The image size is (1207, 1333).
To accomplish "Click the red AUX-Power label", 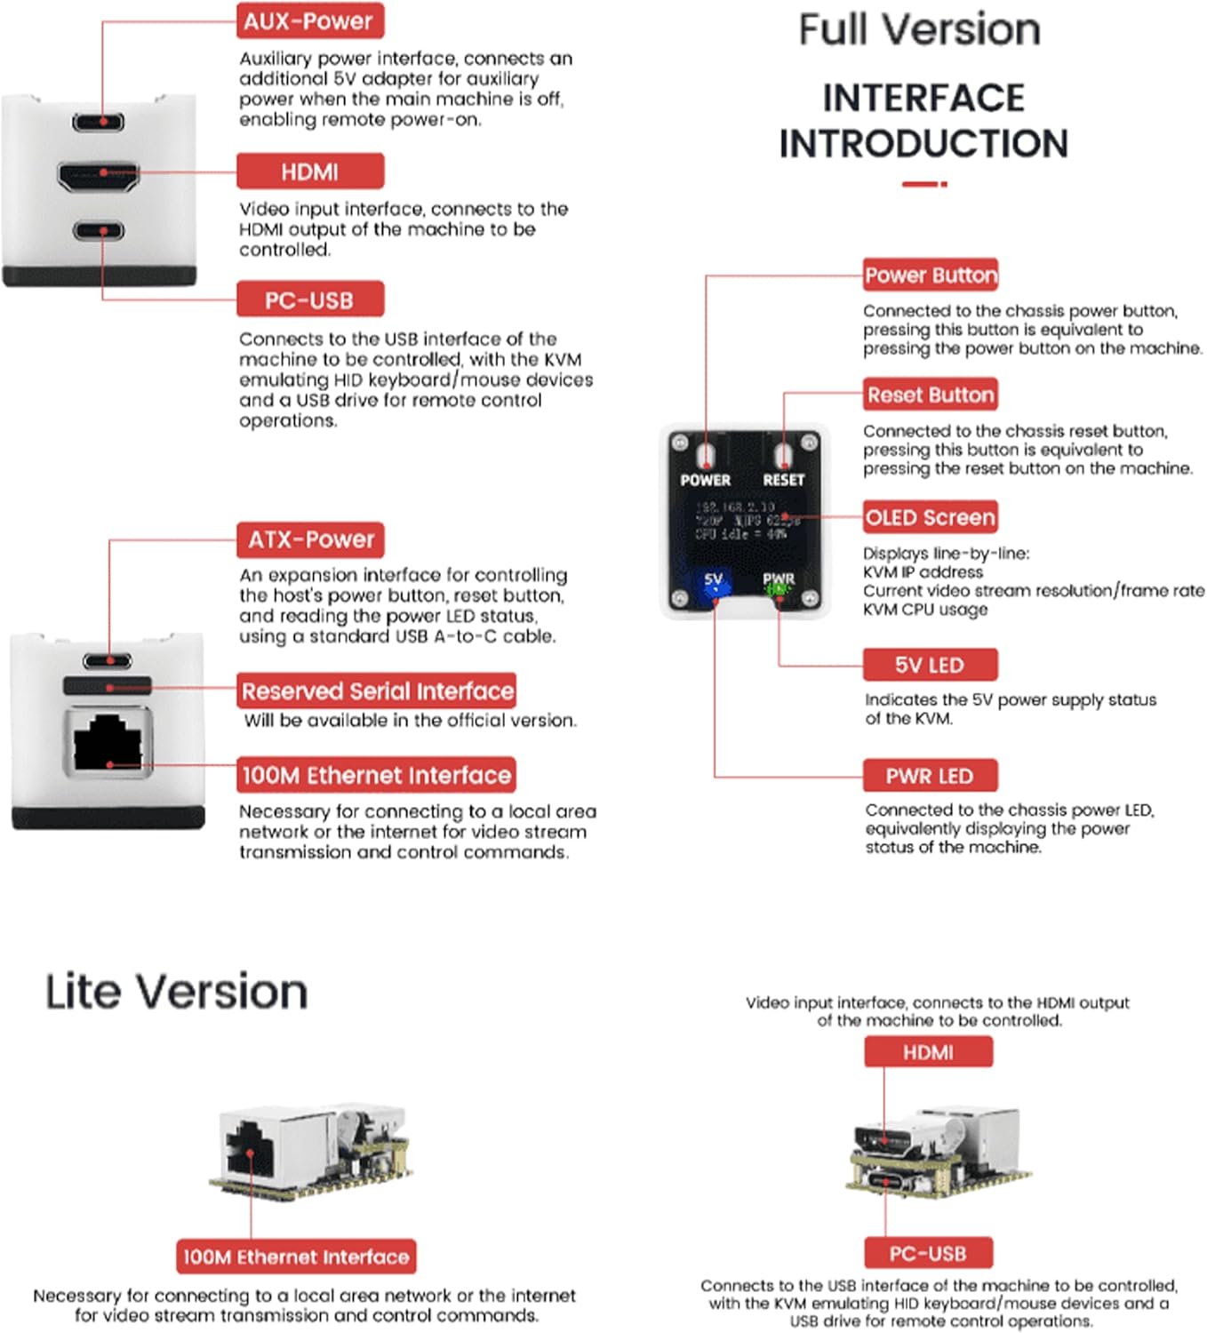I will tap(309, 21).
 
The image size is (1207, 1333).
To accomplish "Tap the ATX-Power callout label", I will tap(310, 539).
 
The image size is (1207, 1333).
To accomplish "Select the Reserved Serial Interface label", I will tap(377, 690).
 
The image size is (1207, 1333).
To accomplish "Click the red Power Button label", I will tap(931, 275).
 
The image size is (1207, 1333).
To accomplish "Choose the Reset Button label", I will tap(931, 395).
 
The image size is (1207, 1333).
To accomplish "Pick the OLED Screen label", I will tap(930, 517).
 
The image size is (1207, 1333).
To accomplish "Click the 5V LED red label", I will tap(930, 665).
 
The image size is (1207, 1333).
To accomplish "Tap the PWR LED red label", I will tap(930, 776).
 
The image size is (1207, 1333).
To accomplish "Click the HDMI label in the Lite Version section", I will tap(928, 1052).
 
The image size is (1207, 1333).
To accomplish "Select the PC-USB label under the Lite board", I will tap(928, 1253).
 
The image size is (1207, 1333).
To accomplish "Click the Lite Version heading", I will tap(176, 992).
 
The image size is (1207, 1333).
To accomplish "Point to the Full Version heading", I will tap(919, 30).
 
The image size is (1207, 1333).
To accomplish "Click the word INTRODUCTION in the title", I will tap(923, 144).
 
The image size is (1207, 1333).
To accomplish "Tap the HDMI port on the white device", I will tap(99, 174).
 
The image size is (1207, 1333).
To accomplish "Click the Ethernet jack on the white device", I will tap(108, 740).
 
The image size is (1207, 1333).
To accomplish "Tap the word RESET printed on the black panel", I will tap(783, 480).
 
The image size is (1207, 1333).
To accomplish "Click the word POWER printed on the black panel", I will tap(706, 480).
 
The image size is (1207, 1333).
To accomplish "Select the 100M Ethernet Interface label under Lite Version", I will tap(296, 1257).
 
